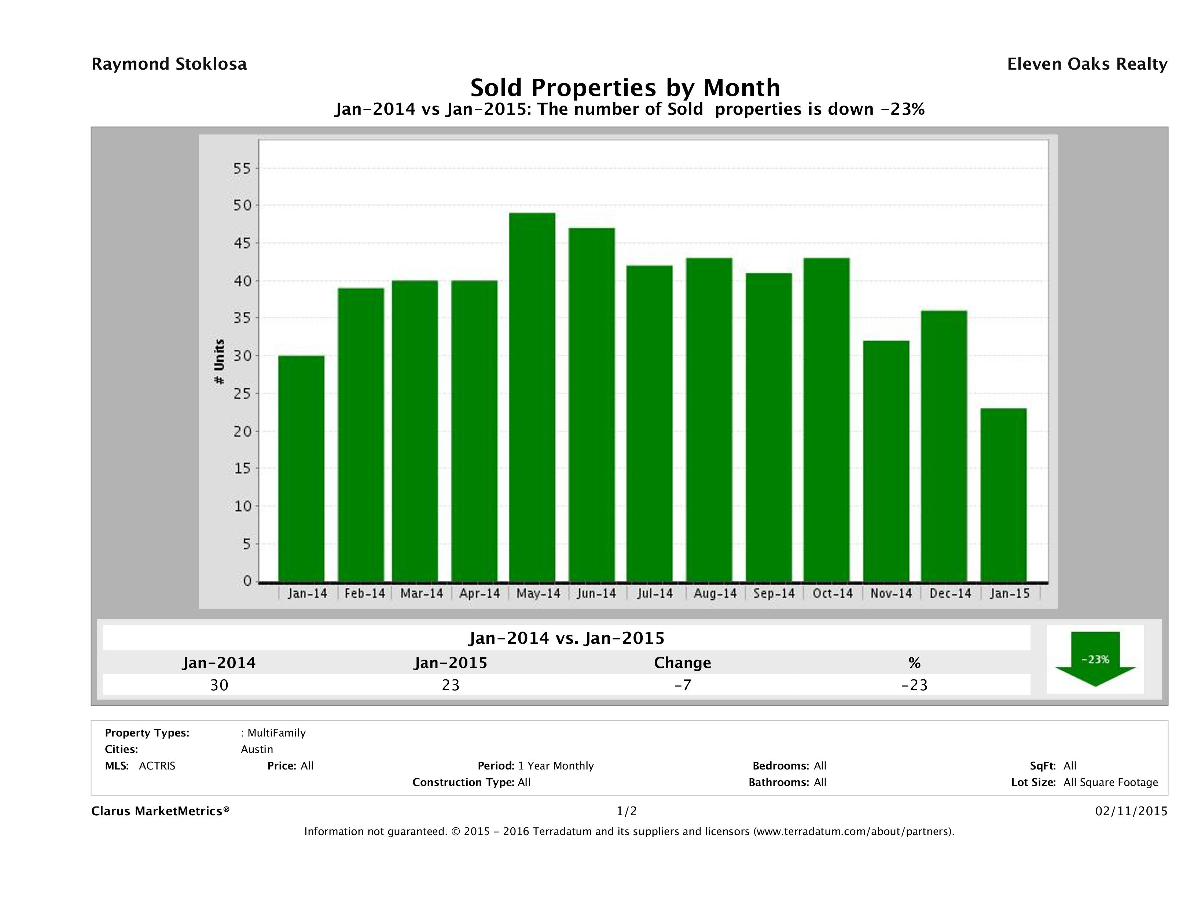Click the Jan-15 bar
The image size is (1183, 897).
coord(1003,495)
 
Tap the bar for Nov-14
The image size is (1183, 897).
coord(886,461)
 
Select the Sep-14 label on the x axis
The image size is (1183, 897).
coord(774,593)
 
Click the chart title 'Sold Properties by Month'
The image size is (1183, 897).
coord(625,87)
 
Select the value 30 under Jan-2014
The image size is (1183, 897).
coord(219,685)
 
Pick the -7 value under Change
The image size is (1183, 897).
coord(683,685)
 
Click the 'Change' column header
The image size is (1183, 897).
coord(683,663)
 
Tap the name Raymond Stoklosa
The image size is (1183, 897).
coord(169,64)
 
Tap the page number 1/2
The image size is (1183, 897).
coord(626,812)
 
